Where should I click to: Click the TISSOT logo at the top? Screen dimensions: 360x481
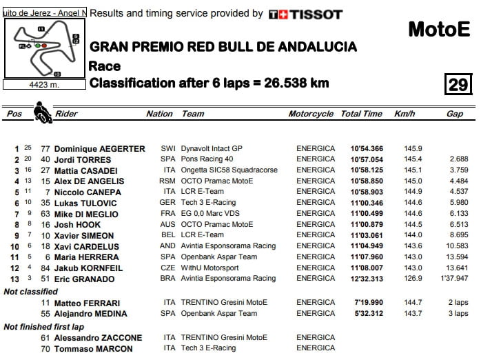pyautogui.click(x=305, y=14)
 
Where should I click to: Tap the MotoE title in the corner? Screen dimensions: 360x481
pyautogui.click(x=439, y=28)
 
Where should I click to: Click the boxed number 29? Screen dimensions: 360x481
pyautogui.click(x=458, y=84)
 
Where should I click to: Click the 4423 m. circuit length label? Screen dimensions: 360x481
pyautogui.click(x=43, y=85)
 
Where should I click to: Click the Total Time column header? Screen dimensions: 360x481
pyautogui.click(x=361, y=114)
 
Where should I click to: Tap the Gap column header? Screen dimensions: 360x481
pyautogui.click(x=454, y=114)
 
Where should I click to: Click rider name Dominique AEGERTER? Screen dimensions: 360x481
pyautogui.click(x=99, y=148)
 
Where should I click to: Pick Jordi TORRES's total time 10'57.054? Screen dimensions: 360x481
pyautogui.click(x=366, y=159)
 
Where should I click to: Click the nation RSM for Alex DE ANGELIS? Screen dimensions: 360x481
pyautogui.click(x=167, y=181)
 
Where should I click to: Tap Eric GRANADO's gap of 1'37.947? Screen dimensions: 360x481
pyautogui.click(x=453, y=279)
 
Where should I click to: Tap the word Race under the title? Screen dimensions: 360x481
pyautogui.click(x=105, y=66)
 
